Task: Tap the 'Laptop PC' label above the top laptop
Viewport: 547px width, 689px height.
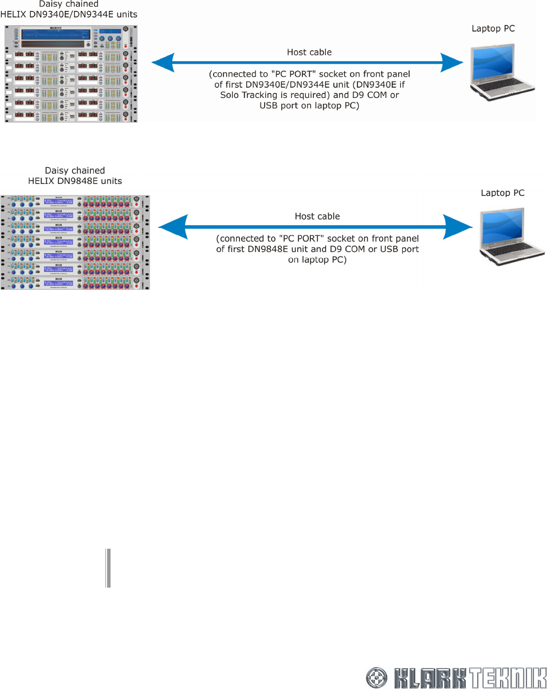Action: coord(493,28)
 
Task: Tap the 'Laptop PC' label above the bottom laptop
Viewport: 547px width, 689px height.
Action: coord(502,193)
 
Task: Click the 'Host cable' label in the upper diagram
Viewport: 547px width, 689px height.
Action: coord(309,52)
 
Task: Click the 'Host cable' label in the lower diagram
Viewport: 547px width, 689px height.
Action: coord(317,216)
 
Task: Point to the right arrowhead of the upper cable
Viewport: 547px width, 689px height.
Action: coord(452,62)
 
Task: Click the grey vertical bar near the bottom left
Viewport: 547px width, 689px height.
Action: coord(108,568)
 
